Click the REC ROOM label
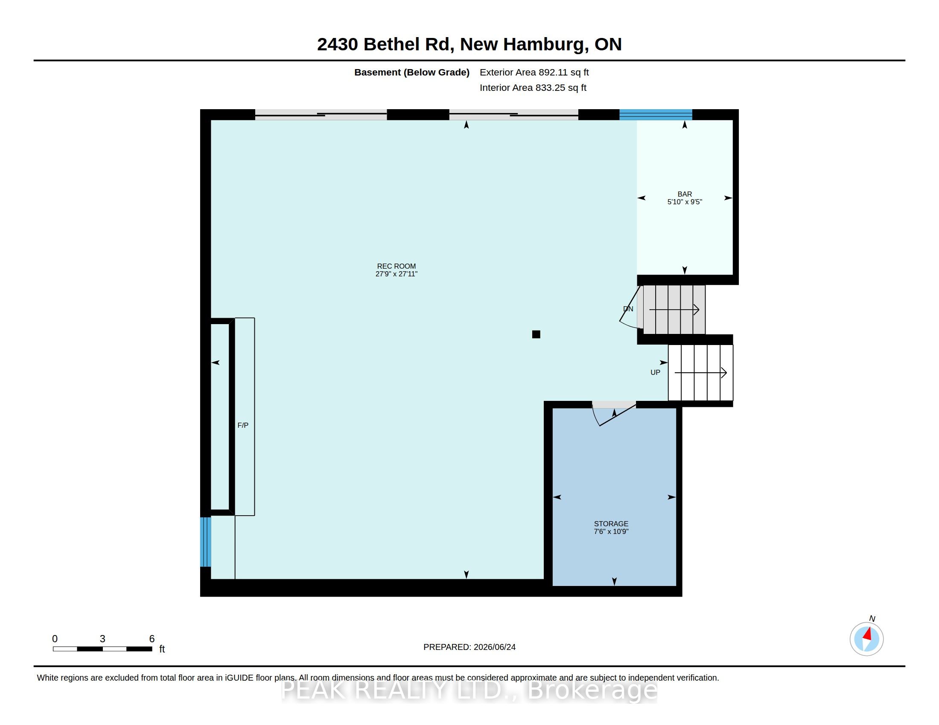[396, 266]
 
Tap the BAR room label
[685, 194]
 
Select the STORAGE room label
[611, 524]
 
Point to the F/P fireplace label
[243, 425]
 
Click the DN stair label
[628, 309]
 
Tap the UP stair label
[655, 372]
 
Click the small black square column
[536, 334]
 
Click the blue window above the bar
[656, 114]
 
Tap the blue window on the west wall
[206, 542]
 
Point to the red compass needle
[868, 634]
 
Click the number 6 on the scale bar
[152, 639]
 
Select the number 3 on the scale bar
[102, 639]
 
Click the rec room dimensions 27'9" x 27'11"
[397, 274]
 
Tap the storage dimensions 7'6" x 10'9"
[611, 531]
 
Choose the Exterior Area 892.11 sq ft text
[534, 72]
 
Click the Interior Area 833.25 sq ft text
[533, 87]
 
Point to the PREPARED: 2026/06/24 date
[469, 647]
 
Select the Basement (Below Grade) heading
[412, 72]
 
